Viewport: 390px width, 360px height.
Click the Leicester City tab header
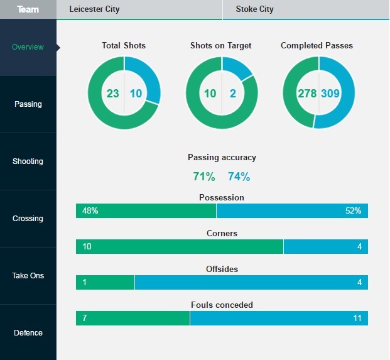point(94,9)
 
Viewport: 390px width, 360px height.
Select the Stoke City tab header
point(254,9)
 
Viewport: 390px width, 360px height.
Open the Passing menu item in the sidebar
point(28,104)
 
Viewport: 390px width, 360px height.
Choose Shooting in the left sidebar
point(28,161)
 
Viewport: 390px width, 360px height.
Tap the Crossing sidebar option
point(28,219)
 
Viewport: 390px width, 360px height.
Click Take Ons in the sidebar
point(28,276)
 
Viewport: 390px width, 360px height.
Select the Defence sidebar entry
point(28,333)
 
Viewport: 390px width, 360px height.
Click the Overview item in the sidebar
point(28,47)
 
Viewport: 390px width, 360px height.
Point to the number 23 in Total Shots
point(113,94)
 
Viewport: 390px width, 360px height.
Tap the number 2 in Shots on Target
point(233,94)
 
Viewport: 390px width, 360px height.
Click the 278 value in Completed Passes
point(307,94)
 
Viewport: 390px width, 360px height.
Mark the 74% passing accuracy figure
point(239,177)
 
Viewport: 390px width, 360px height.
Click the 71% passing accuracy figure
point(203,177)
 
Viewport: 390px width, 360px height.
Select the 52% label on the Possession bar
point(353,211)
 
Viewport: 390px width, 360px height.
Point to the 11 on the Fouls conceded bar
point(357,318)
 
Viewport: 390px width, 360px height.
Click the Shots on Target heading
point(221,46)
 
